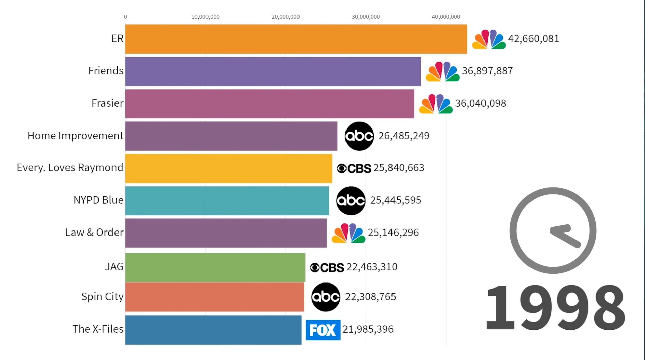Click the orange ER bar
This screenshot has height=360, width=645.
(x=296, y=39)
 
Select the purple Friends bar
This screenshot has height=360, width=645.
(x=273, y=71)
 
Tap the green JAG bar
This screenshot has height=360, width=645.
(x=215, y=267)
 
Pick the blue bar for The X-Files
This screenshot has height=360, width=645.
(x=213, y=330)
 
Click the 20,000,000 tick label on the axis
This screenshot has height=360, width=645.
(x=285, y=17)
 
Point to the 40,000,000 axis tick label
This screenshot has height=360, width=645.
(x=446, y=17)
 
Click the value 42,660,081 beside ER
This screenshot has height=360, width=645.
(x=533, y=39)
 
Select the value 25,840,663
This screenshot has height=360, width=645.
(x=399, y=168)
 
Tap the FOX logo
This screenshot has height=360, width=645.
(x=323, y=330)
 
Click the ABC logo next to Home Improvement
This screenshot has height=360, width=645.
(x=359, y=136)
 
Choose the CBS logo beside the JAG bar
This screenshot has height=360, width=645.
(x=327, y=267)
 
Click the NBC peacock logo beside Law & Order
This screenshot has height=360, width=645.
(x=348, y=233)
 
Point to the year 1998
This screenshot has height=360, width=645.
(x=555, y=307)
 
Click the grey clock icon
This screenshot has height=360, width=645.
(x=553, y=230)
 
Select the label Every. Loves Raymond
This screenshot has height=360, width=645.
(x=70, y=168)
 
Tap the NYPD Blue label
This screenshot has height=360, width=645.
(x=98, y=200)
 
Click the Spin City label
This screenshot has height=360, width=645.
(x=102, y=297)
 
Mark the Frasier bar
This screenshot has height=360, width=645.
(x=269, y=104)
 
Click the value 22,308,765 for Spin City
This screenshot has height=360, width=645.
(x=370, y=297)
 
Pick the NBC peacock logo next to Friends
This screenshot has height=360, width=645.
(x=442, y=71)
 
